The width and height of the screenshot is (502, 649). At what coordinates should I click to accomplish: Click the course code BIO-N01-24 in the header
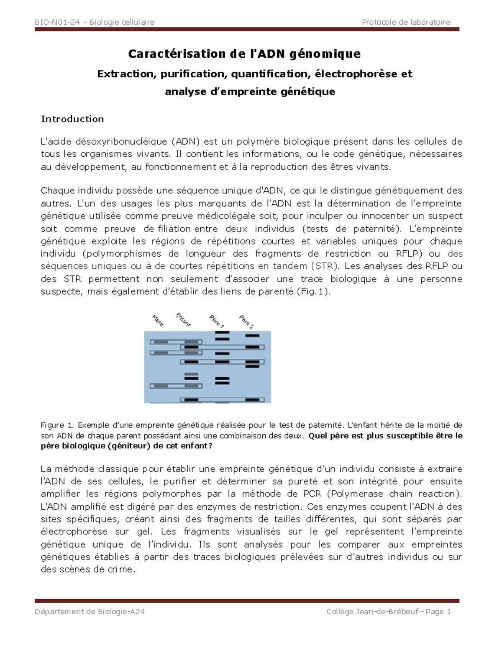(x=57, y=22)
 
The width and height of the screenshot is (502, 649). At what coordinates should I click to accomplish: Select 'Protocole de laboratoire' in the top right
(x=406, y=22)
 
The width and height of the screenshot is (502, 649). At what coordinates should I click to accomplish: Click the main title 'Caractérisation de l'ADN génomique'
(x=244, y=54)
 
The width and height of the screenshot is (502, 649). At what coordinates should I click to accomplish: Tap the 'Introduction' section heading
(x=72, y=119)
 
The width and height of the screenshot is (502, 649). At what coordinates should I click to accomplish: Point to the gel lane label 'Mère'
(x=158, y=321)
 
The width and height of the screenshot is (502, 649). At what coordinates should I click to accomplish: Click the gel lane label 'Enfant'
(x=184, y=320)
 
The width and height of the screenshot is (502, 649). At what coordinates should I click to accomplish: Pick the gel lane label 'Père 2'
(x=246, y=321)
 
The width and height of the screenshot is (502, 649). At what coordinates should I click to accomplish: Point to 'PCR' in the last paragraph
(x=312, y=494)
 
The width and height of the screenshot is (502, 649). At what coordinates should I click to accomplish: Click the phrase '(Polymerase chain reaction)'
(x=395, y=494)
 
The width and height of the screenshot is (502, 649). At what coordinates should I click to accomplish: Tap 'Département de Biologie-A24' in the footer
(x=90, y=611)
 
